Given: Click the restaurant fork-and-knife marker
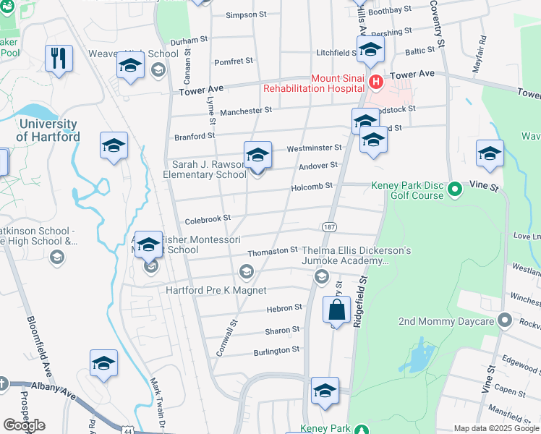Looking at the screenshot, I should pyautogui.click(x=59, y=58).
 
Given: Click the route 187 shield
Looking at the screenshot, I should pyautogui.click(x=329, y=227).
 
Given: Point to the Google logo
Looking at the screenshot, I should pyautogui.click(x=24, y=425).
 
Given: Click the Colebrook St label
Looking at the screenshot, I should pyautogui.click(x=207, y=217).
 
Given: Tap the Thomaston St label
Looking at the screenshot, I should pyautogui.click(x=273, y=252).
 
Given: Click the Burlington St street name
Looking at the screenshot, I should pyautogui.click(x=276, y=350).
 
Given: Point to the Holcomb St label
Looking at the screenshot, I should pyautogui.click(x=312, y=186).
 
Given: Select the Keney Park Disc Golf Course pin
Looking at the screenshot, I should pyautogui.click(x=454, y=190).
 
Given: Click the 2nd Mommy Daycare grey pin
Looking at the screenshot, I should pyautogui.click(x=505, y=320).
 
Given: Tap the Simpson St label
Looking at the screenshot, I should pyautogui.click(x=247, y=15).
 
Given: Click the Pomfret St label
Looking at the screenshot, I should pyautogui.click(x=233, y=61).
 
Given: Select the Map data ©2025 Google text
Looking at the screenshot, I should pyautogui.click(x=496, y=428).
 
